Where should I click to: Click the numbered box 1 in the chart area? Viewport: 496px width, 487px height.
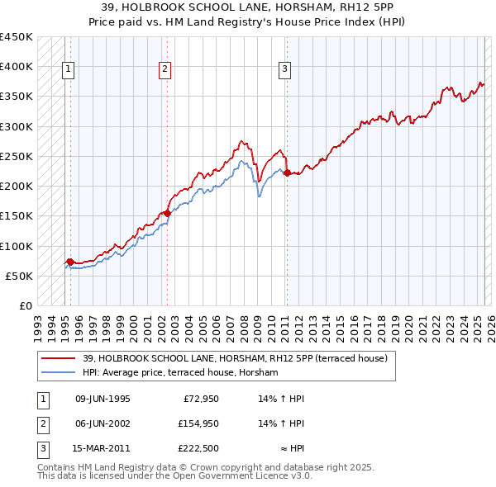[67, 69]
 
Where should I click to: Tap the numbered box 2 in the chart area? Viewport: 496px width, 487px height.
[165, 69]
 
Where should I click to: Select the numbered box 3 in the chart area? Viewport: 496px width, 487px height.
[284, 69]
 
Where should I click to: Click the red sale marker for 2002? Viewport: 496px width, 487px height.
[167, 213]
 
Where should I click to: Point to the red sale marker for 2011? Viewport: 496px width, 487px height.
[287, 173]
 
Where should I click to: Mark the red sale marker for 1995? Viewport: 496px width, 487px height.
[69, 262]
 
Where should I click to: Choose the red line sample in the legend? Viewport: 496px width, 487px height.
[59, 358]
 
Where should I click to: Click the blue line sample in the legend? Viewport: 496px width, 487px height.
[59, 373]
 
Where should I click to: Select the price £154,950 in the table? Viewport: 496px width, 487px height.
[197, 423]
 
